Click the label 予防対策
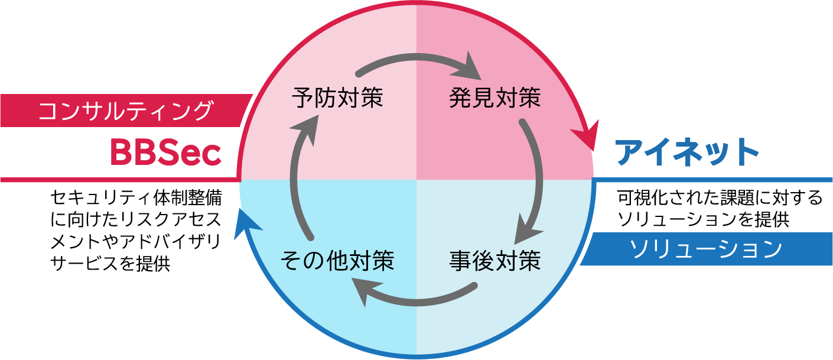click(337, 98)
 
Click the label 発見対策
click(494, 98)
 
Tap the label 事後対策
click(494, 261)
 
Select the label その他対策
click(337, 261)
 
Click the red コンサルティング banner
click(124, 111)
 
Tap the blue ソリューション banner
click(706, 249)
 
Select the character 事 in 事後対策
click(460, 261)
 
